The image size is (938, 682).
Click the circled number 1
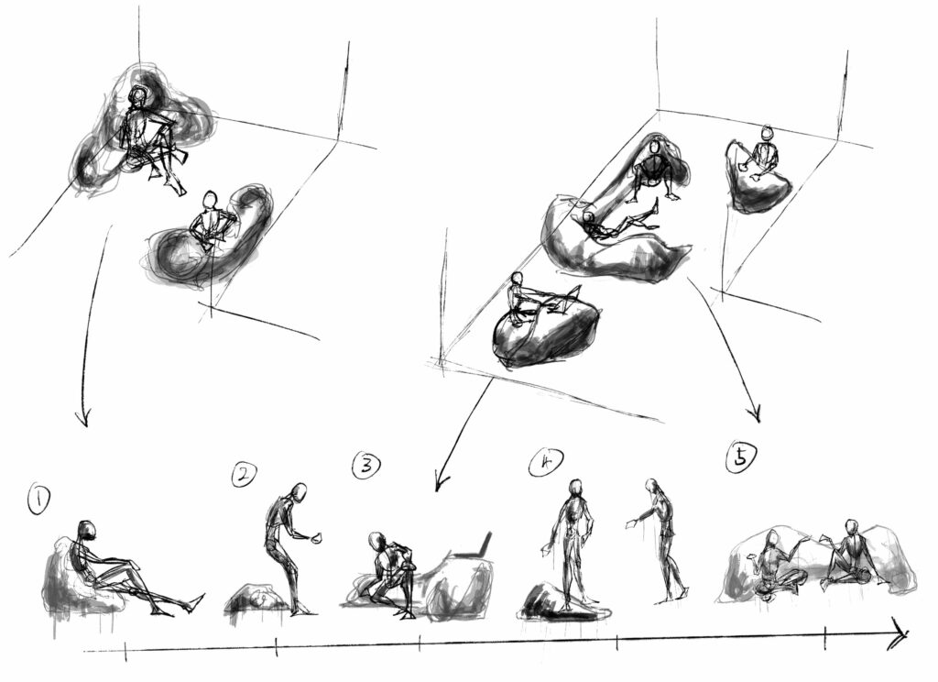(38, 500)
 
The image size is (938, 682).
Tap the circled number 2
(244, 475)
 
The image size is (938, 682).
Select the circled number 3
(366, 466)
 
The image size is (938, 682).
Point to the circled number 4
(546, 462)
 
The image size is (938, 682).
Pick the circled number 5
(740, 457)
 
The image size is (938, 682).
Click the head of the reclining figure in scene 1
(87, 530)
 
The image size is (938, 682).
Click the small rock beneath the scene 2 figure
(258, 599)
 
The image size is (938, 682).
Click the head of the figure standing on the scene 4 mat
(575, 489)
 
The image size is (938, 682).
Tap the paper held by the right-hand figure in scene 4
(630, 524)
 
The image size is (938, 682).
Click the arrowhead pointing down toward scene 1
(83, 417)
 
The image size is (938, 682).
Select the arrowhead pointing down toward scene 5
(756, 414)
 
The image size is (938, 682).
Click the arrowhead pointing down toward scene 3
(441, 481)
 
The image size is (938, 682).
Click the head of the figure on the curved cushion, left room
(210, 200)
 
